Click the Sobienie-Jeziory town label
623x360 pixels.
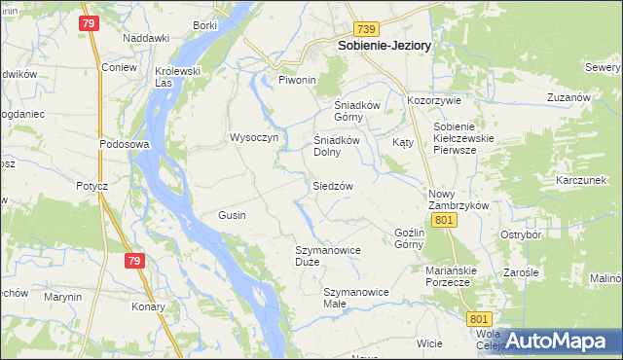coord(384,45)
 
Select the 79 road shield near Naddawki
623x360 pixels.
coord(90,23)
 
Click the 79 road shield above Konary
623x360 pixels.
coord(135,260)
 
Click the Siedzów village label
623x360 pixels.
coord(332,186)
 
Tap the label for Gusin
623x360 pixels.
coord(232,214)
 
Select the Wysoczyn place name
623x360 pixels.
coord(254,137)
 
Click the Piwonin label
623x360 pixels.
coord(298,80)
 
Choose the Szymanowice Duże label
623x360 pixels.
coord(328,256)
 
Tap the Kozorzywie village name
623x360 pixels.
coord(433,100)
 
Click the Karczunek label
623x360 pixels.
coord(581,181)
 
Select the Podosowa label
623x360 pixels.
coord(123,144)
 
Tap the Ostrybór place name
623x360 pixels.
coord(520,234)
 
